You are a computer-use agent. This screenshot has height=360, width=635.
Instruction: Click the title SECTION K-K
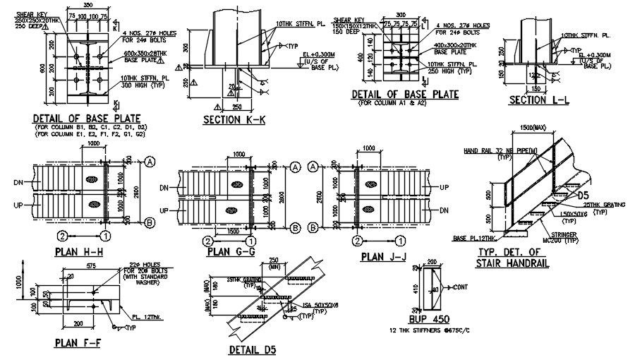234,120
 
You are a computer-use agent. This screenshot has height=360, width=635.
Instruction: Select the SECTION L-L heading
539,101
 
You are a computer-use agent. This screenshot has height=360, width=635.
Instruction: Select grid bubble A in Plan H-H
150,162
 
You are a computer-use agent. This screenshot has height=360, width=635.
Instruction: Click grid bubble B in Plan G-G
294,227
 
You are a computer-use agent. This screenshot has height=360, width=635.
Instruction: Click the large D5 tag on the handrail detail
583,195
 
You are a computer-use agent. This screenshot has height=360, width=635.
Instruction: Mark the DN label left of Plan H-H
18,182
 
